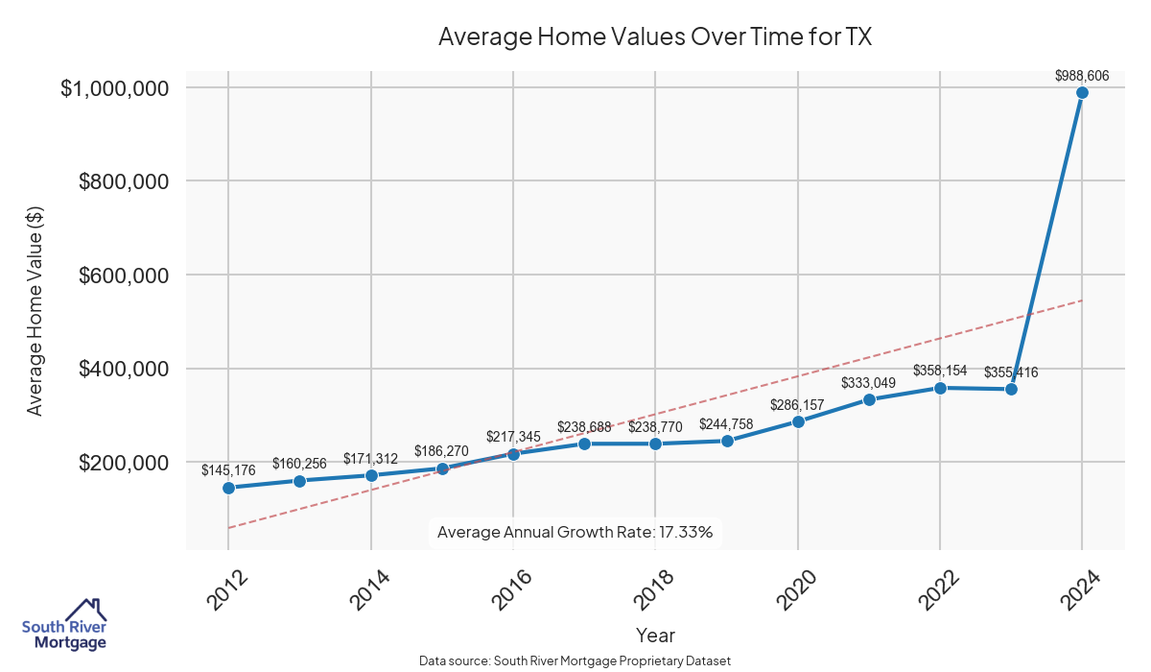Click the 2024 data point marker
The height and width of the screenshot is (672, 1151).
[x=1082, y=93]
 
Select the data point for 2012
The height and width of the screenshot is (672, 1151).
[x=228, y=488]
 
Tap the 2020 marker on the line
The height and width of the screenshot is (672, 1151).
[x=798, y=421]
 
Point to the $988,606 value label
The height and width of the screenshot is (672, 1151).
[x=1082, y=75]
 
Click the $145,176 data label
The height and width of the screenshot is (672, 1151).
[x=228, y=470]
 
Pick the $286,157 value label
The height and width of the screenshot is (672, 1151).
[x=798, y=404]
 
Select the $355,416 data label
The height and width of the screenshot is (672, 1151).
[x=1011, y=372]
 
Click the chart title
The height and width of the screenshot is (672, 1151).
[x=655, y=36]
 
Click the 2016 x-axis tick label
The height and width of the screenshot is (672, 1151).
[x=510, y=589]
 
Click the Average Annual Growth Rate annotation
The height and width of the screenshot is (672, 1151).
[x=575, y=532]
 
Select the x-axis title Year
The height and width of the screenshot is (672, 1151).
[x=655, y=636]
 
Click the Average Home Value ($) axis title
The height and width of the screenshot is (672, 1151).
[x=35, y=314]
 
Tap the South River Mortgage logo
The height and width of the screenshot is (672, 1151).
[x=64, y=625]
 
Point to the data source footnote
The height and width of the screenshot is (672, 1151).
[x=575, y=660]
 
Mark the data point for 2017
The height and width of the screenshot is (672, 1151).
[x=584, y=444]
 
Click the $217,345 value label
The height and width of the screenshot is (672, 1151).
[x=513, y=437]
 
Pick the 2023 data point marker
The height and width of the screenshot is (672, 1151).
[x=1011, y=389]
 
